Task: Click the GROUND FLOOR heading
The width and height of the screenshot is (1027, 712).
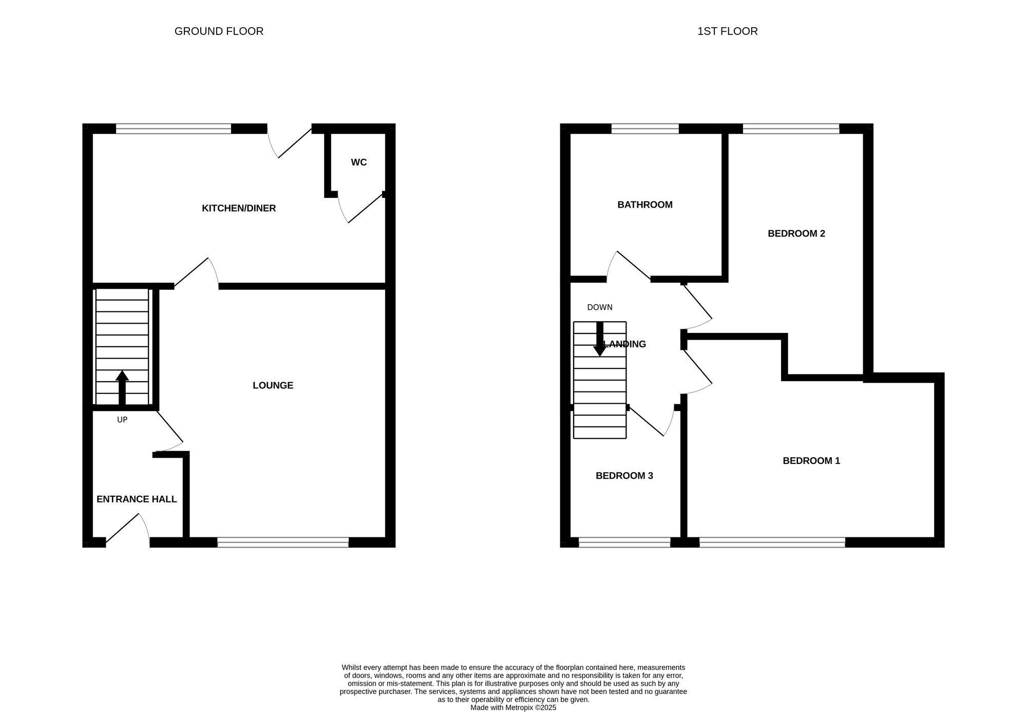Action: [219, 31]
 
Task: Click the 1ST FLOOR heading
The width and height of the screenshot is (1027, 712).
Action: [727, 31]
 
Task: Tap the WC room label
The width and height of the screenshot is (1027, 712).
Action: [359, 162]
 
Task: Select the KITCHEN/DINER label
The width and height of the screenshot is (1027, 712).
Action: [239, 208]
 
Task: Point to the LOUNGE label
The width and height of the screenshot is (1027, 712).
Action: [273, 385]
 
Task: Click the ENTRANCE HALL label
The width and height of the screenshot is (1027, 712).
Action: [137, 499]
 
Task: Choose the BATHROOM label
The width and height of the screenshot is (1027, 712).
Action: [645, 204]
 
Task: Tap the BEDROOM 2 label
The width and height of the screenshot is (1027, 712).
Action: [796, 233]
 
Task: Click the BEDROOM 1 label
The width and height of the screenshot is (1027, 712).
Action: [811, 461]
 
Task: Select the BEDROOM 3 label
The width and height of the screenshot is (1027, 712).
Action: [624, 476]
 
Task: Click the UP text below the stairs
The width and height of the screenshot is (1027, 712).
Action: [122, 420]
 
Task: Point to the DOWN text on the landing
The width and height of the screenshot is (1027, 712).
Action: [600, 307]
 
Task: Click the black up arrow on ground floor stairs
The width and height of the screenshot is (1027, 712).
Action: [122, 388]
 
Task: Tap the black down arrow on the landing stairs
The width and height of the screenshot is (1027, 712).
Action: [600, 339]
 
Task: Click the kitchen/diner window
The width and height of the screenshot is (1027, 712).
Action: [174, 128]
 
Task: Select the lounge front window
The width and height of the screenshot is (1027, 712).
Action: [283, 542]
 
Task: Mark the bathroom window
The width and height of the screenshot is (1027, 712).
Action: [645, 128]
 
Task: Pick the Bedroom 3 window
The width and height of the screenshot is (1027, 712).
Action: [624, 542]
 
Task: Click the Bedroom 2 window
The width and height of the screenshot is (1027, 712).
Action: [791, 128]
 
